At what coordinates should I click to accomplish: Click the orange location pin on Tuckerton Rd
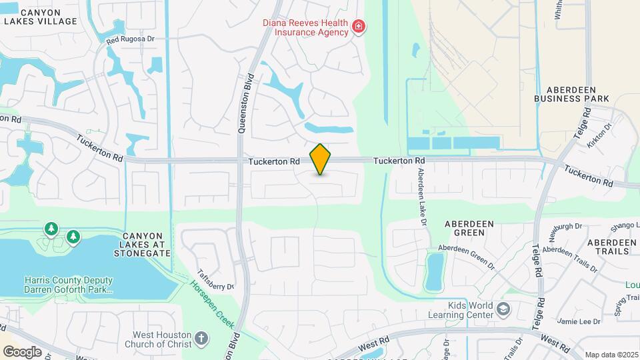pyautogui.click(x=321, y=159)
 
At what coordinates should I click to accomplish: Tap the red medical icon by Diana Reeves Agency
pyautogui.click(x=359, y=27)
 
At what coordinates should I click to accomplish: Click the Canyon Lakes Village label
pyautogui.click(x=40, y=17)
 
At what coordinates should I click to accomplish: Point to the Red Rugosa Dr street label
pyautogui.click(x=130, y=39)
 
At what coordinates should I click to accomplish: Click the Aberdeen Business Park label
pyautogui.click(x=572, y=93)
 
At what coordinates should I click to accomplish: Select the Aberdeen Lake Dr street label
pyautogui.click(x=421, y=197)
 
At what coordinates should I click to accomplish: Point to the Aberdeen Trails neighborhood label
pyautogui.click(x=612, y=247)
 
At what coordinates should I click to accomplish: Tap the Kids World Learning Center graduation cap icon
pyautogui.click(x=503, y=309)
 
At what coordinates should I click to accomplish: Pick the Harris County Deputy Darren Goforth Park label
pyautogui.click(x=69, y=285)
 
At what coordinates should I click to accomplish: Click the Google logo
pyautogui.click(x=22, y=352)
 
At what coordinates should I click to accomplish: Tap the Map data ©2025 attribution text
pyautogui.click(x=610, y=355)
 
